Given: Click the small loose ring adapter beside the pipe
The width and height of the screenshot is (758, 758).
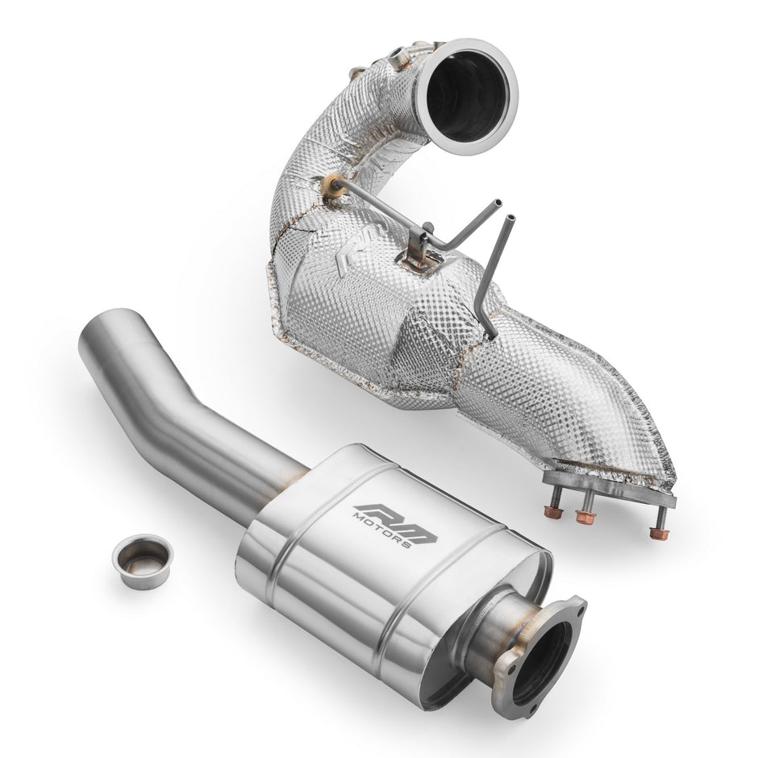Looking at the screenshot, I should tap(143, 562).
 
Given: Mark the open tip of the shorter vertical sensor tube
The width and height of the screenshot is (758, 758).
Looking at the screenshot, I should tap(510, 218).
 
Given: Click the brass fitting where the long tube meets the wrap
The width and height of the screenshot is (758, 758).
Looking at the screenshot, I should tap(331, 185).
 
